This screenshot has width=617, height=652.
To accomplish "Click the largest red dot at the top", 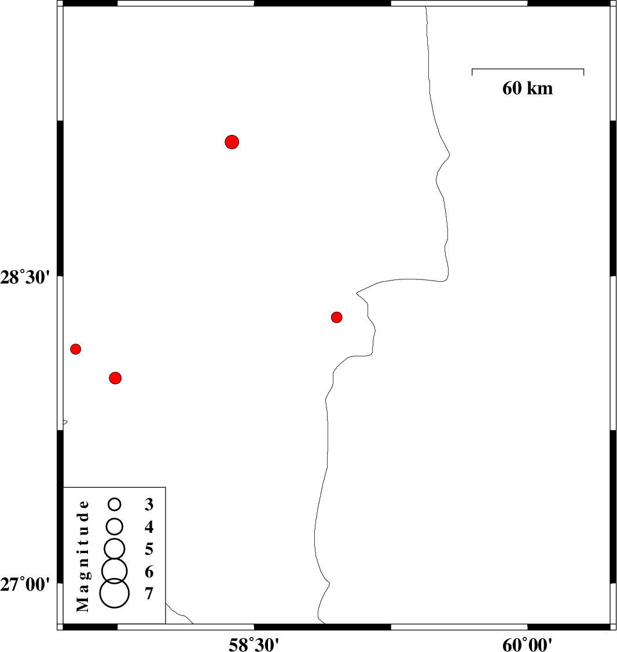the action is click(232, 142).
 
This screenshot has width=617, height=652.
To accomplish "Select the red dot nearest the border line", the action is click(337, 317).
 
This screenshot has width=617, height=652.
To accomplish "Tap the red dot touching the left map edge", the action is click(75, 349).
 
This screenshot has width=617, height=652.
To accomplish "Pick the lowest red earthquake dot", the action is click(115, 378).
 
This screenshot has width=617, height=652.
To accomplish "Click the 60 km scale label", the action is click(527, 88).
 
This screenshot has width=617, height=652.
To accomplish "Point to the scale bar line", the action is click(528, 69).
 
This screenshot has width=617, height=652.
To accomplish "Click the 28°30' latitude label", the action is click(25, 277).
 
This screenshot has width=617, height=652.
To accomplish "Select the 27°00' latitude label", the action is click(25, 584).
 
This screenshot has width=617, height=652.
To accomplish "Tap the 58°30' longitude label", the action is click(254, 644).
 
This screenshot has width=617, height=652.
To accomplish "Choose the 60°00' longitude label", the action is click(527, 644).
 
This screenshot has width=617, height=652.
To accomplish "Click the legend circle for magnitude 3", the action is click(115, 504).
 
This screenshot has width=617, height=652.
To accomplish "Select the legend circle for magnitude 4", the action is click(115, 526).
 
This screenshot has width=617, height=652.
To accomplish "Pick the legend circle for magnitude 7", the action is click(115, 593).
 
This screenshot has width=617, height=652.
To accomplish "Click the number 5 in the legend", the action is click(149, 549).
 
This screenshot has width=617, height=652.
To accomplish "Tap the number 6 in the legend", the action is click(149, 572).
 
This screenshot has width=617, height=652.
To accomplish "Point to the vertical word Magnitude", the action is click(83, 556).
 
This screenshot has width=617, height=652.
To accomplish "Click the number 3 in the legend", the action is click(149, 504).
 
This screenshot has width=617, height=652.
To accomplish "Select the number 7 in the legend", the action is click(149, 594).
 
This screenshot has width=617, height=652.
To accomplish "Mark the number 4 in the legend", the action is click(149, 527).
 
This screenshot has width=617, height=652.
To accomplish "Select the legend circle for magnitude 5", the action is click(115, 548).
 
